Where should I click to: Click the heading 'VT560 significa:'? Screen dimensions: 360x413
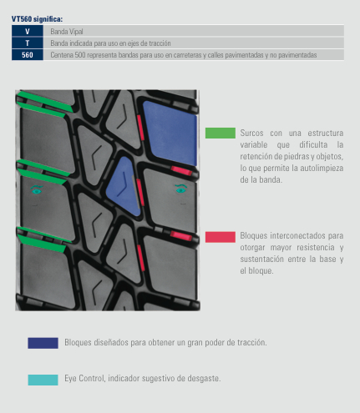(37, 19)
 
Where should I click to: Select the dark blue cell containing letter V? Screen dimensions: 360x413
(28, 31)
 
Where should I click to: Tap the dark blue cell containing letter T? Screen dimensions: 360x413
(28, 43)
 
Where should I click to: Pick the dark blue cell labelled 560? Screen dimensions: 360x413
(28, 55)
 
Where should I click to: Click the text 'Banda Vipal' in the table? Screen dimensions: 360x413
(67, 32)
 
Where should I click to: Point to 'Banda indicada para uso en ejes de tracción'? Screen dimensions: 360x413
(110, 43)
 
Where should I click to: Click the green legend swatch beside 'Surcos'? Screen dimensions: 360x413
(221, 133)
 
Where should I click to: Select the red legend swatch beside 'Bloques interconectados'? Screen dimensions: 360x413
(221, 237)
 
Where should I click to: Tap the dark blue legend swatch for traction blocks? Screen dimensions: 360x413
(43, 343)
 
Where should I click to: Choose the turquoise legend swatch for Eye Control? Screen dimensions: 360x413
(43, 380)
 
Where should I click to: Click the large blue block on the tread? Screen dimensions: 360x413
(170, 133)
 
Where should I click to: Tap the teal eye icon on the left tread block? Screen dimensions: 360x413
(37, 189)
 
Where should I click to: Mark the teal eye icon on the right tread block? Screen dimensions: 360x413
(180, 189)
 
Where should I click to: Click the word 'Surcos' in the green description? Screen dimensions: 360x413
(251, 133)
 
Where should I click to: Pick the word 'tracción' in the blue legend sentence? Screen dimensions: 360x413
(251, 342)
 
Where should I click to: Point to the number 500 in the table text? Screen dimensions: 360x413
(80, 55)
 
